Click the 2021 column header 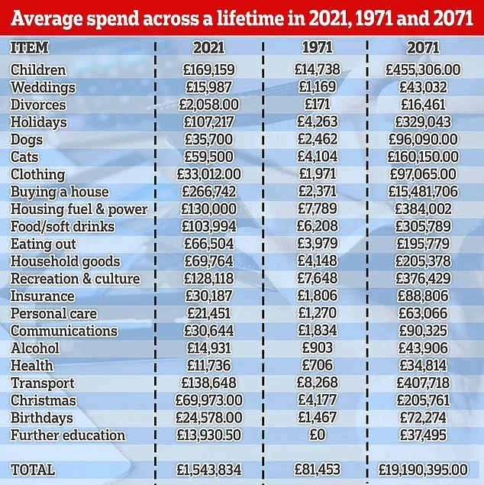point(209,47)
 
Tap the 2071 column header point(424,47)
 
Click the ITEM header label point(30,47)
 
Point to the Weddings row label point(43,87)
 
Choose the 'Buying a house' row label point(60,192)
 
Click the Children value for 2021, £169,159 point(209,70)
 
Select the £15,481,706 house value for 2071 point(424,192)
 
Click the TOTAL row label point(33,468)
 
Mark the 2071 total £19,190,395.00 point(424,468)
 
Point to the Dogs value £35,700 point(209,139)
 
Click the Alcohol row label point(35,348)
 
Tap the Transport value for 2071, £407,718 point(424,383)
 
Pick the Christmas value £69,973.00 point(209,400)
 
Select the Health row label point(32,366)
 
